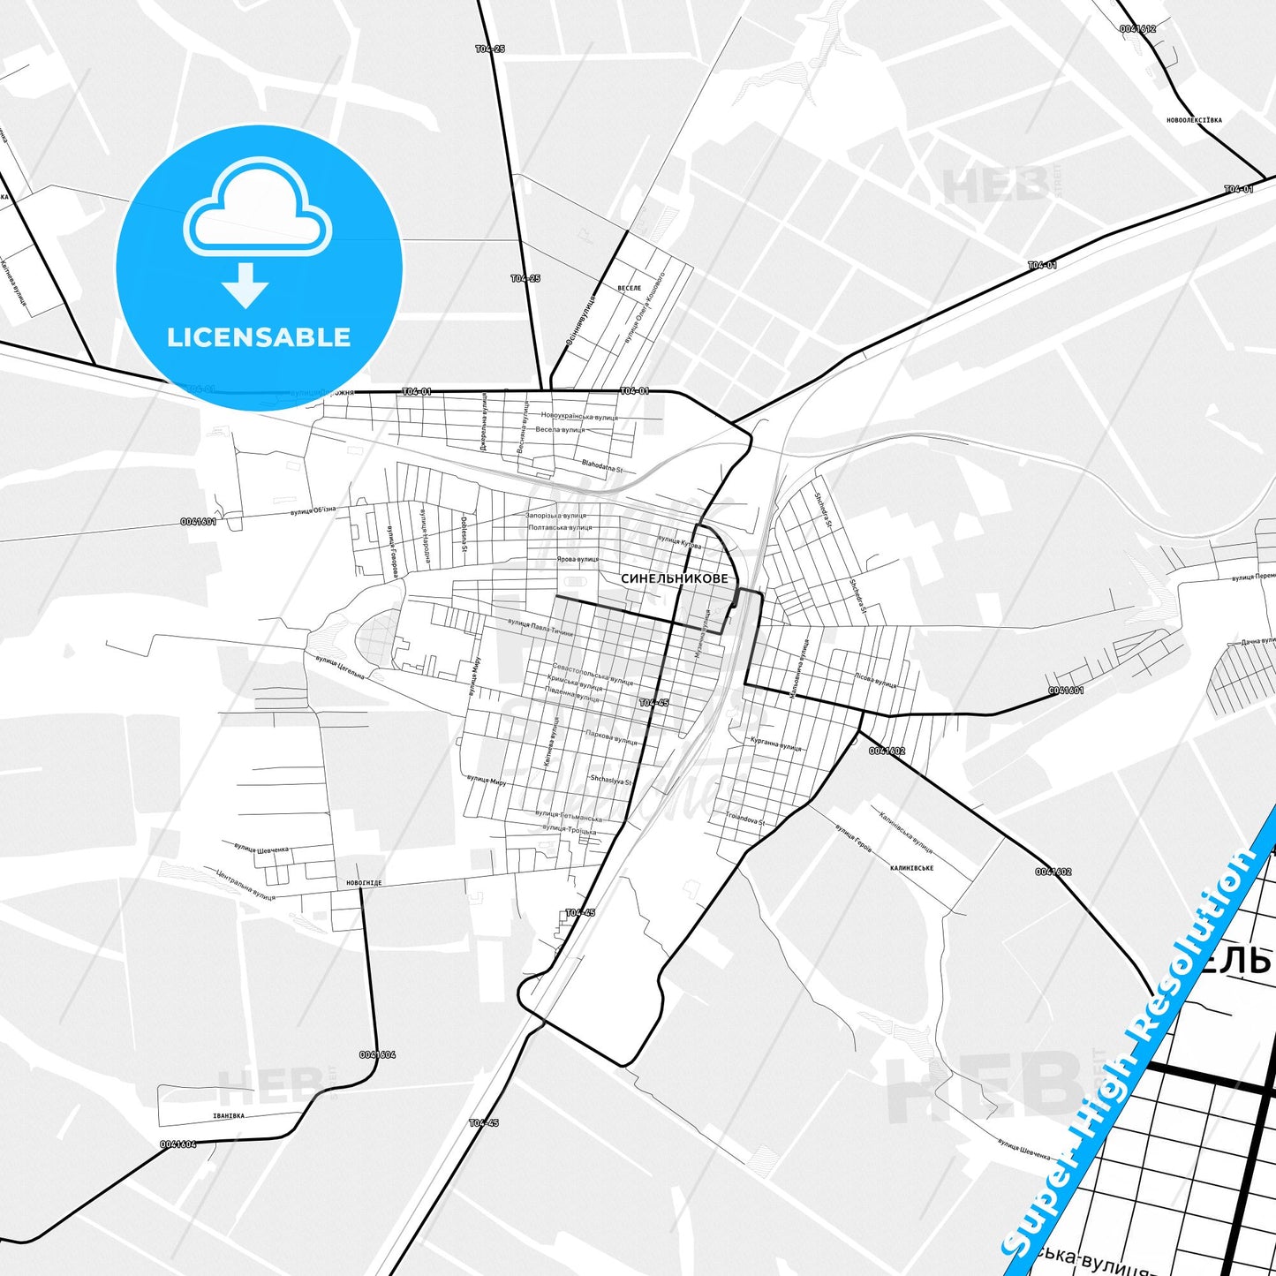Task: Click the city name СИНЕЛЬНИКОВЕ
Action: (x=675, y=578)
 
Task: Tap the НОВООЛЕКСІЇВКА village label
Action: (x=1194, y=120)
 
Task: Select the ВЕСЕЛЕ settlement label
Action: (x=629, y=288)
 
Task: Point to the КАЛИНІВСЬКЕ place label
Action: (x=912, y=868)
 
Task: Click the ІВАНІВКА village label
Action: (x=229, y=1115)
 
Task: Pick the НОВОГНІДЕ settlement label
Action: (x=359, y=882)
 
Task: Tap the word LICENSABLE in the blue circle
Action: (x=259, y=336)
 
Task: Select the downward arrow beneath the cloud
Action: (x=245, y=284)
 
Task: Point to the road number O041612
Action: (x=1137, y=29)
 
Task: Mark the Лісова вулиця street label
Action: (x=875, y=682)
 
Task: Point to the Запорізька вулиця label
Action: (x=556, y=515)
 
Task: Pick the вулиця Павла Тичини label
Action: (x=540, y=628)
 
